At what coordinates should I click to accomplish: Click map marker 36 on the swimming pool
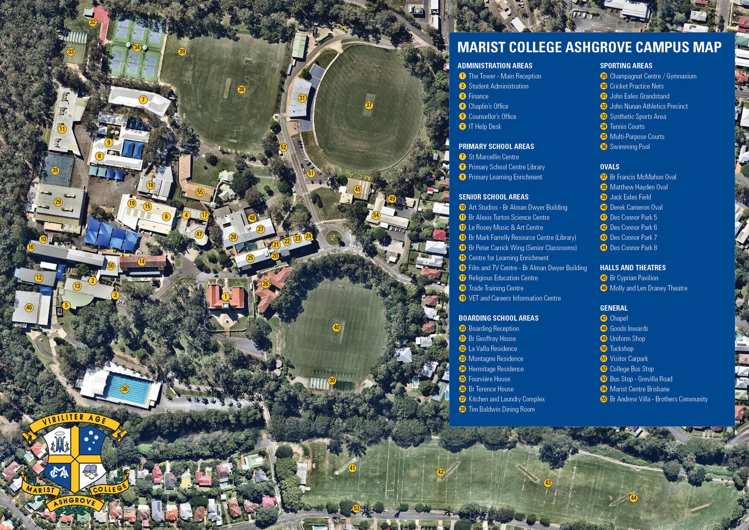pyautogui.click(x=125, y=389)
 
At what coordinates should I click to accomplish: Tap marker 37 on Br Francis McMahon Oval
pyautogui.click(x=369, y=105)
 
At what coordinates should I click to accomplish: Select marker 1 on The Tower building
pyautogui.click(x=225, y=296)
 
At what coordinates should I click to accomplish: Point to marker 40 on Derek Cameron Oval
pyautogui.click(x=336, y=327)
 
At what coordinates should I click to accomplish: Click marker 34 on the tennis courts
pyautogui.click(x=137, y=47)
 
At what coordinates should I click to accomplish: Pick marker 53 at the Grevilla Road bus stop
pyautogui.click(x=356, y=508)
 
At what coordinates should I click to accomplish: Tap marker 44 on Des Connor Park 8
pyautogui.click(x=633, y=498)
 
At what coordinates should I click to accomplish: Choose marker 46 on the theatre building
pyautogui.click(x=29, y=307)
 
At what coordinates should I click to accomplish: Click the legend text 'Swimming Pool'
pyautogui.click(x=629, y=147)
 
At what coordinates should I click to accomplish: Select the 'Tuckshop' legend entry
pyautogui.click(x=621, y=348)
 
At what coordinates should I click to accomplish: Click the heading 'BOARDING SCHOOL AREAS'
pyautogui.click(x=498, y=318)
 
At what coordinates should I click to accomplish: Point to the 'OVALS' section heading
pyautogui.click(x=609, y=167)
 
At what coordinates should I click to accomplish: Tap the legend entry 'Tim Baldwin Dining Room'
pyautogui.click(x=501, y=409)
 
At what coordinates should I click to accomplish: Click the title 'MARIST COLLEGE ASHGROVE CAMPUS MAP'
pyautogui.click(x=589, y=47)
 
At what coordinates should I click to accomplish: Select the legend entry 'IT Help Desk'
pyautogui.click(x=485, y=127)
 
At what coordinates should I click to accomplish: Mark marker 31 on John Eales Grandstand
pyautogui.click(x=302, y=98)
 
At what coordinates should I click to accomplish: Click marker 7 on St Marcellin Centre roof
pyautogui.click(x=143, y=100)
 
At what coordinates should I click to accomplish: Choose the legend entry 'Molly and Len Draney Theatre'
pyautogui.click(x=648, y=288)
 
